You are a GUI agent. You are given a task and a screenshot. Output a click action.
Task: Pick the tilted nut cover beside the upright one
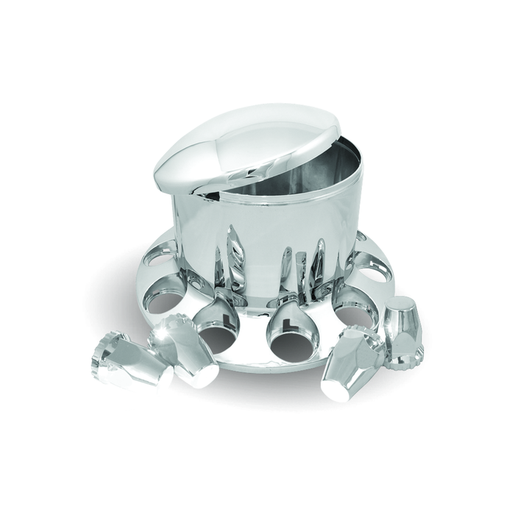point(353,360)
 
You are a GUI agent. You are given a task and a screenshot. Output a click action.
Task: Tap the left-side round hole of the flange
point(166,298)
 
